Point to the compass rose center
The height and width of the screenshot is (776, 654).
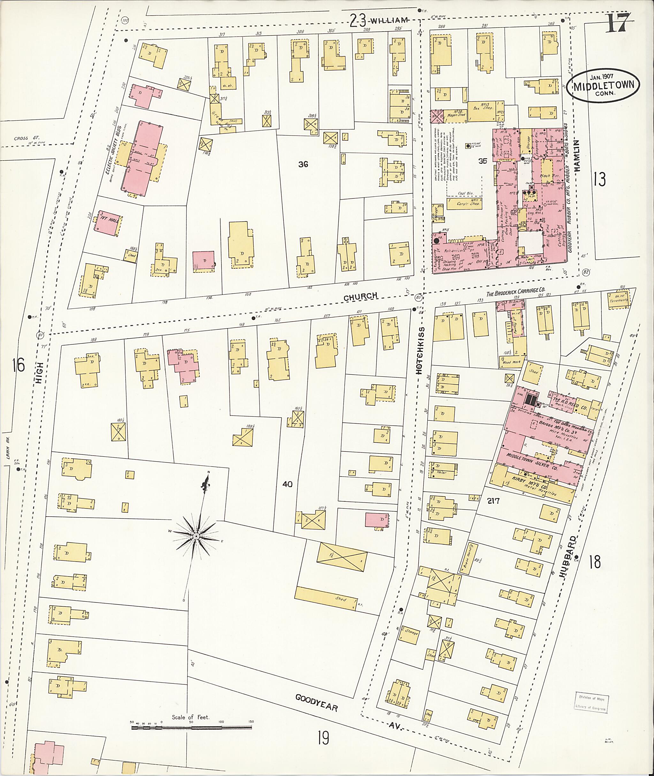tap(196, 536)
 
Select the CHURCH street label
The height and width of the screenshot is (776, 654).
tap(360, 296)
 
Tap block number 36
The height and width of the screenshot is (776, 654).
tap(303, 164)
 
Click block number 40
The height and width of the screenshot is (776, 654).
tap(287, 484)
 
